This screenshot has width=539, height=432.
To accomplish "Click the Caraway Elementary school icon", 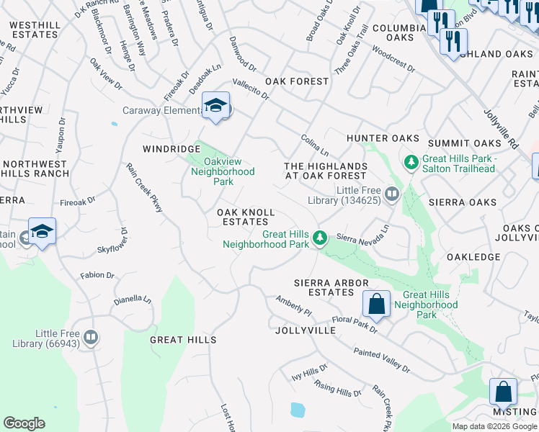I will (x=215, y=106).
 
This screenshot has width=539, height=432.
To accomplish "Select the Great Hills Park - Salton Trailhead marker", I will (x=411, y=163).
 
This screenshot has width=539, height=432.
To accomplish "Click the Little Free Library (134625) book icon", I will (x=392, y=193).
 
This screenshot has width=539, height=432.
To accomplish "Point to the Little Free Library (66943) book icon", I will (x=91, y=337).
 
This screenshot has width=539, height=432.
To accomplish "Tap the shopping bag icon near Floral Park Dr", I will (x=376, y=304).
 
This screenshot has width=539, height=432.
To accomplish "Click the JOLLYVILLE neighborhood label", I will (x=306, y=330).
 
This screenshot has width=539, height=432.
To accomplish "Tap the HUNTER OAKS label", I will (x=383, y=138).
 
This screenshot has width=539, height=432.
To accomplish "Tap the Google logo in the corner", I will (x=24, y=423).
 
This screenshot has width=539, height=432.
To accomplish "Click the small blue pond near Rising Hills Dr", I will (x=297, y=410).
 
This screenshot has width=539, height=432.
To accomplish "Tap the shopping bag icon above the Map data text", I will (x=503, y=392).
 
